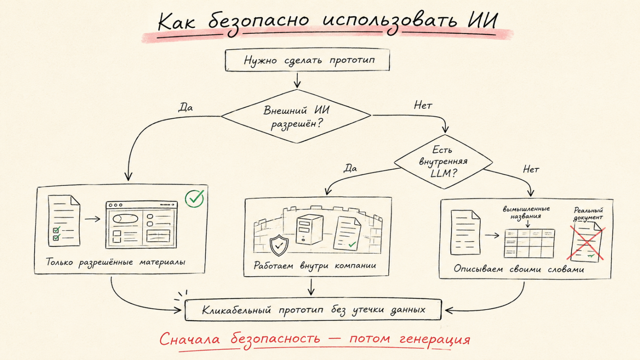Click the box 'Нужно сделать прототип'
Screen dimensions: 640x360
(307, 60)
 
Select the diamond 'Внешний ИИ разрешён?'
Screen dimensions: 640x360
(296, 117)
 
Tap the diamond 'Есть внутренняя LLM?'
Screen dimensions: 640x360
(443, 162)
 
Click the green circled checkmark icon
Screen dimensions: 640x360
(194, 198)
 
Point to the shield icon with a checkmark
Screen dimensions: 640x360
(279, 245)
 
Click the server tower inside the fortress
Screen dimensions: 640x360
(309, 230)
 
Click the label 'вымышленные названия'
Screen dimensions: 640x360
(526, 213)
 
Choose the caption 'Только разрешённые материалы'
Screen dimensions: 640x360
(115, 262)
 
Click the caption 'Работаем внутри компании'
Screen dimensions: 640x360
(315, 266)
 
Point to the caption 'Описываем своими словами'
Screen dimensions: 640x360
(519, 269)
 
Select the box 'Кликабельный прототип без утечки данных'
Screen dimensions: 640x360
(313, 310)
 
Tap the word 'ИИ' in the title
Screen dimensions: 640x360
(482, 21)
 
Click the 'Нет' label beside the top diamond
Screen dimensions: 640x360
(423, 105)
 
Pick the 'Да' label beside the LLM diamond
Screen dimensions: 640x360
(350, 168)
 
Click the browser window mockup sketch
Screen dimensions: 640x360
(142, 225)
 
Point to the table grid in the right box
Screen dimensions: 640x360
(529, 243)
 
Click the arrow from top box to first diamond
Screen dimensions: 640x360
(297, 80)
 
